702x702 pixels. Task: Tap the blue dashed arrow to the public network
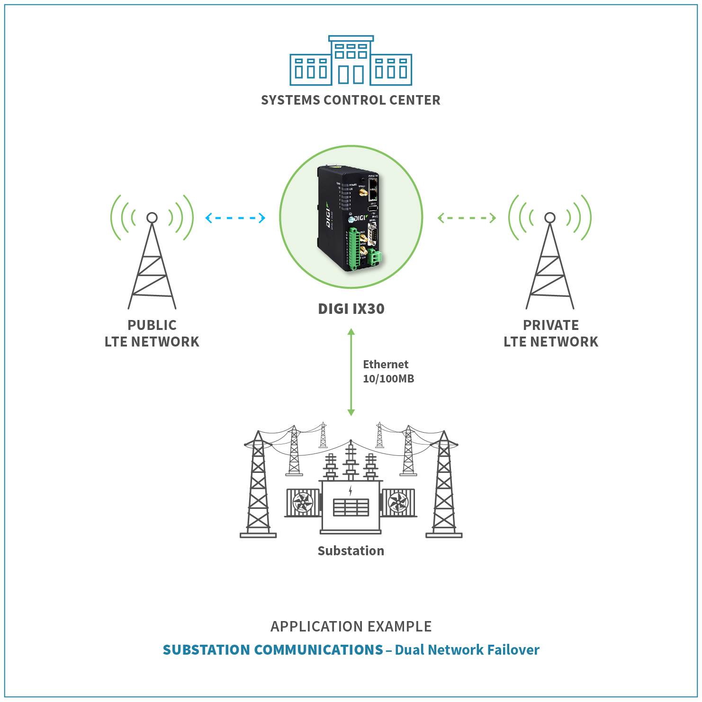coord(235,218)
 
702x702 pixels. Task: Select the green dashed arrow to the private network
coord(467,218)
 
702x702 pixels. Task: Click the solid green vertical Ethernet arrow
coord(351,372)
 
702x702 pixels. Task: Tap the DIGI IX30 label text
coord(351,309)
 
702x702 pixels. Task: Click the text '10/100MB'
coord(388,379)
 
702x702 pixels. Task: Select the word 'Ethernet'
coord(386,364)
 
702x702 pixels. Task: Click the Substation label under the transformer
coord(351,551)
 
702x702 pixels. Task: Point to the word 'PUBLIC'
coord(152,325)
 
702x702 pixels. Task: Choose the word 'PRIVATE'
coord(551,325)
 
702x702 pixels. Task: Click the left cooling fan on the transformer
coord(303,503)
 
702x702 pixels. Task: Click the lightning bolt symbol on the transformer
coord(351,490)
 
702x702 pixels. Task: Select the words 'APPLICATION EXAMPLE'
coord(351,626)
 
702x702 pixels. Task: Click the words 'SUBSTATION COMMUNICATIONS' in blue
coord(273,649)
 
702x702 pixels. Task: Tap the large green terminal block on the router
coord(353,249)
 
